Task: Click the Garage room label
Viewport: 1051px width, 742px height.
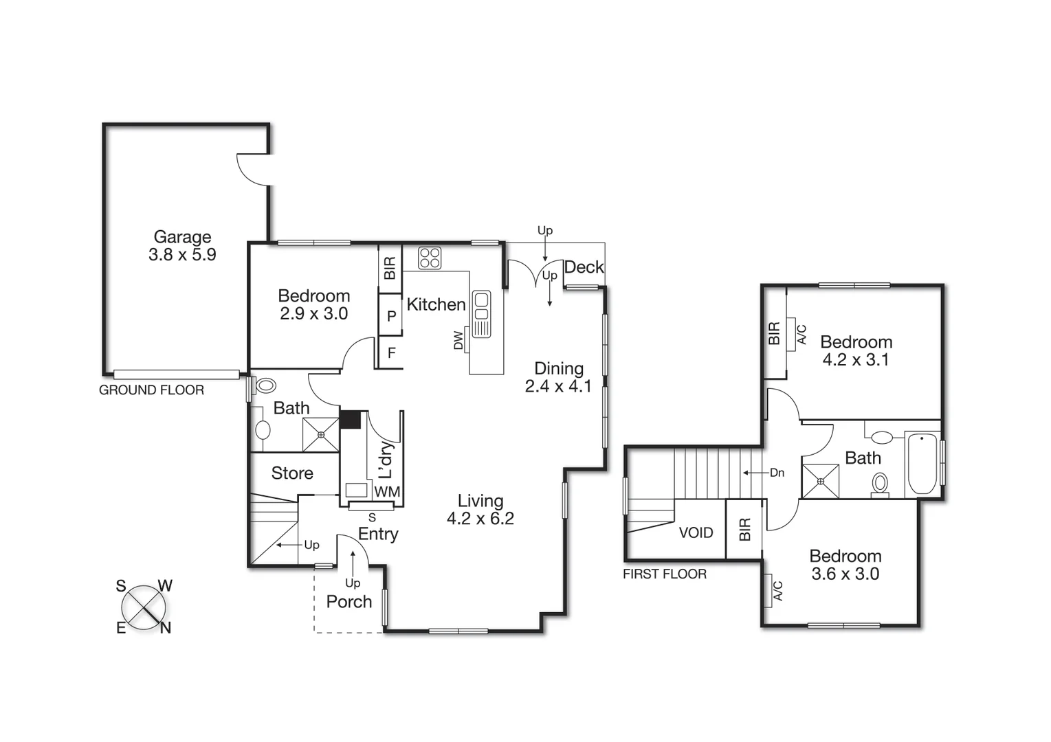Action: click(x=182, y=237)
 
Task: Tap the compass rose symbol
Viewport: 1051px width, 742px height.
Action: click(x=144, y=607)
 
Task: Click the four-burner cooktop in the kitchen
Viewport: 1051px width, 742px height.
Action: click(x=430, y=258)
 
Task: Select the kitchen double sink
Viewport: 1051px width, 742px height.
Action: click(x=481, y=314)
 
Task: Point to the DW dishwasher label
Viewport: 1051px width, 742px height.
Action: click(x=458, y=341)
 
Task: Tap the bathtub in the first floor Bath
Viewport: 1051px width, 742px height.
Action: click(x=922, y=463)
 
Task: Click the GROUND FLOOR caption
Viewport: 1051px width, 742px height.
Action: click(x=151, y=390)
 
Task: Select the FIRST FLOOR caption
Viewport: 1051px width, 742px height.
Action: click(x=664, y=574)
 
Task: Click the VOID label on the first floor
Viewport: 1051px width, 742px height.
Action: click(x=696, y=532)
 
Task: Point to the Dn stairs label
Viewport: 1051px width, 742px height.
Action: click(x=777, y=473)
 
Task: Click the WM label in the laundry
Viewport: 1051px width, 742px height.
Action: click(x=387, y=492)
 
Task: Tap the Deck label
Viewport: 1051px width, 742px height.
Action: click(x=584, y=267)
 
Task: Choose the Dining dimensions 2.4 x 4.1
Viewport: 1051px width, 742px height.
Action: click(x=558, y=387)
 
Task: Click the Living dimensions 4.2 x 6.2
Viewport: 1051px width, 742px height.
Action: click(x=480, y=519)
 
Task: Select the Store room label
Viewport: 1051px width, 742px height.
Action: click(x=292, y=473)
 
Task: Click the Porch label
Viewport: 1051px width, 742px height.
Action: click(x=349, y=602)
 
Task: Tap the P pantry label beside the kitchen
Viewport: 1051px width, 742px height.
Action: click(x=391, y=316)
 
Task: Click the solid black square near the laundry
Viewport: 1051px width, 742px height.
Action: click(x=351, y=420)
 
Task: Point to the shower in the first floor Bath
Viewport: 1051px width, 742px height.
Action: click(x=821, y=481)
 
